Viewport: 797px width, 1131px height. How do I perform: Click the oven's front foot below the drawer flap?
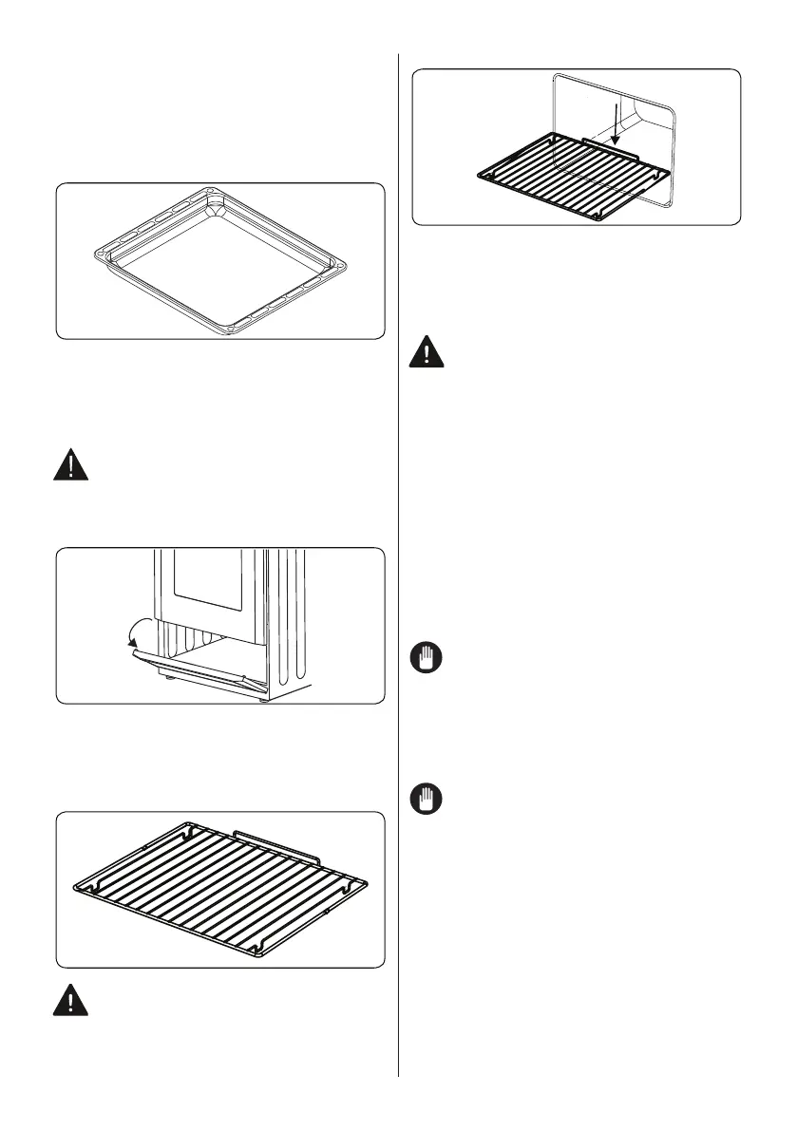167,681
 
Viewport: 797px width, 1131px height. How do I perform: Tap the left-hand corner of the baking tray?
90,254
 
